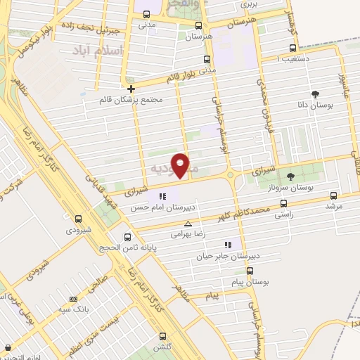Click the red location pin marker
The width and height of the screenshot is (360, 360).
tap(181, 165)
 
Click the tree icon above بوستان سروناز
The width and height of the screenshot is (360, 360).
tap(290, 176)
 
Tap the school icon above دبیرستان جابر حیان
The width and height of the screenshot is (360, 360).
tap(227, 245)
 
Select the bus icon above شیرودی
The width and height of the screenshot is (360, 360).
tap(77, 218)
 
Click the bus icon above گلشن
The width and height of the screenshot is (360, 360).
tap(163, 335)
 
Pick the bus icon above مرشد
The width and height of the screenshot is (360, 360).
tap(333, 195)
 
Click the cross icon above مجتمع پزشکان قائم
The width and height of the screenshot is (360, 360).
tap(131, 88)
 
